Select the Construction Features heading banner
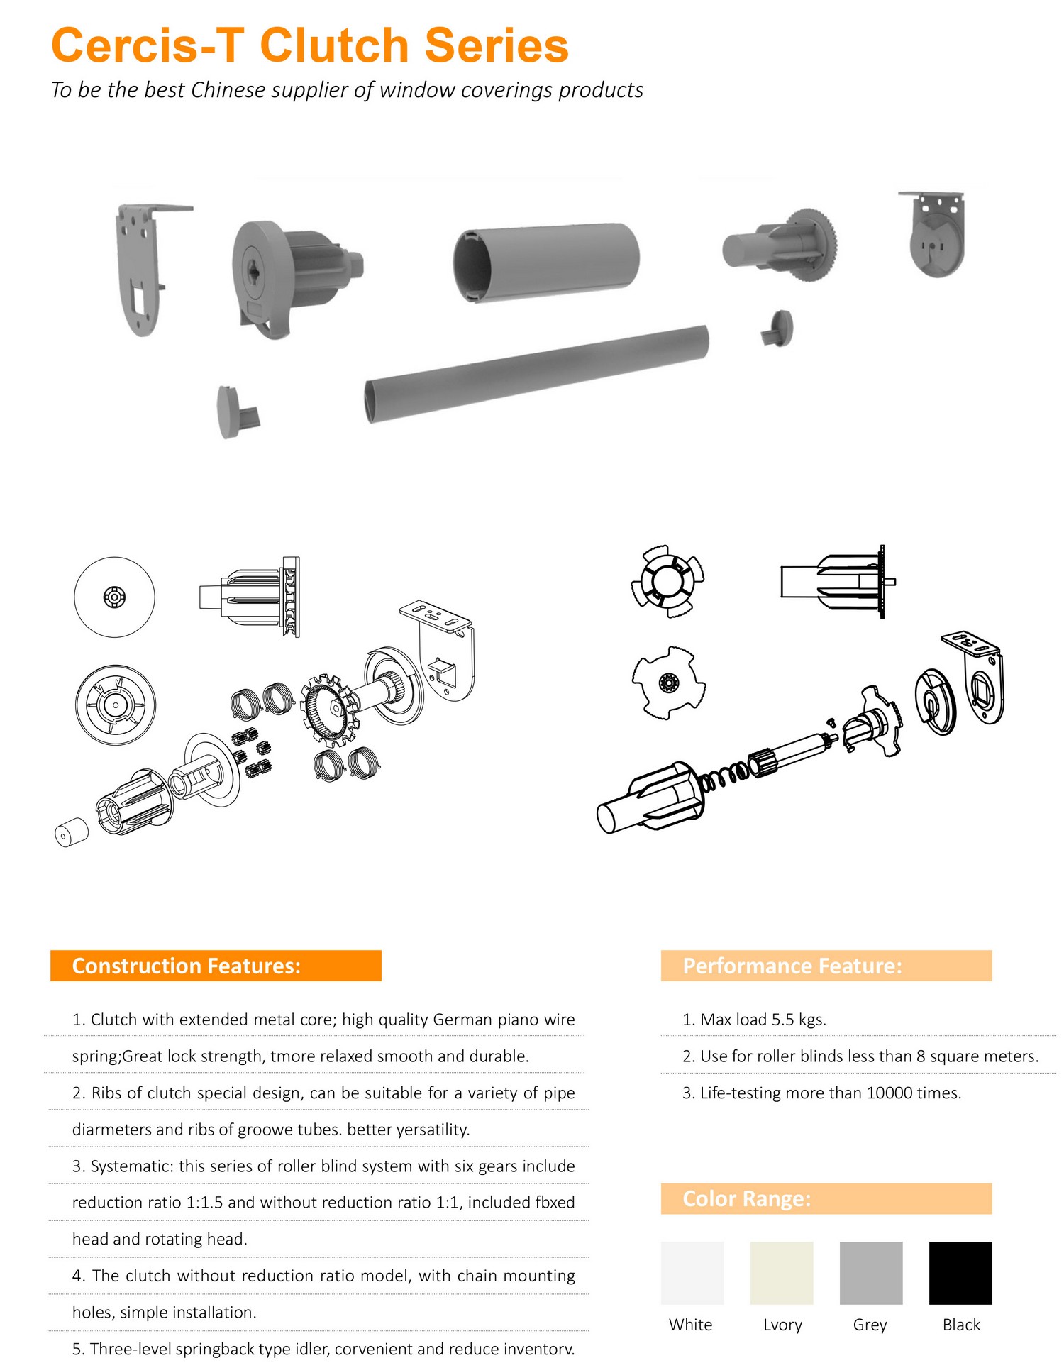coord(216,966)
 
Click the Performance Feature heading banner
coord(826,966)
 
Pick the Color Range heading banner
coord(826,1198)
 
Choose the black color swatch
coord(960,1273)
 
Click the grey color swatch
coord(871,1273)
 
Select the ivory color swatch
coord(782,1273)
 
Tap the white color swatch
coord(692,1273)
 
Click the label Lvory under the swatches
coord(782,1325)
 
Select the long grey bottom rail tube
coord(537,374)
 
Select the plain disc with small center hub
coord(114,597)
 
